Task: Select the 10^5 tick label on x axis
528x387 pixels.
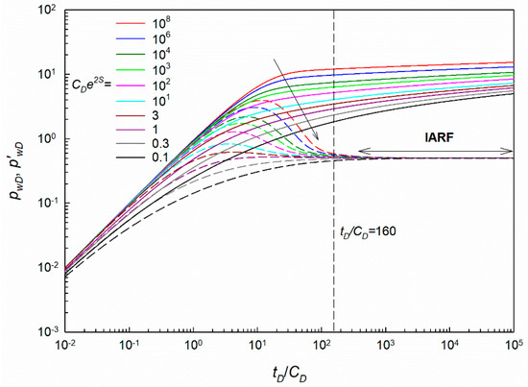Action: (x=514, y=345)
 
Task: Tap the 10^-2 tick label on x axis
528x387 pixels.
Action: (x=65, y=345)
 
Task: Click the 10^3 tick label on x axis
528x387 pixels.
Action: (x=385, y=345)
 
